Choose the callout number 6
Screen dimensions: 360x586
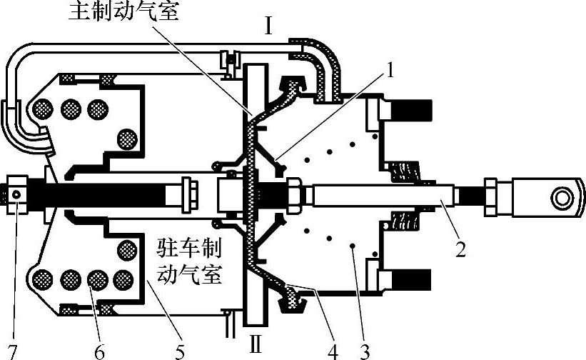[99, 350]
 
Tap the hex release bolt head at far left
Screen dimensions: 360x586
[17, 193]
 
